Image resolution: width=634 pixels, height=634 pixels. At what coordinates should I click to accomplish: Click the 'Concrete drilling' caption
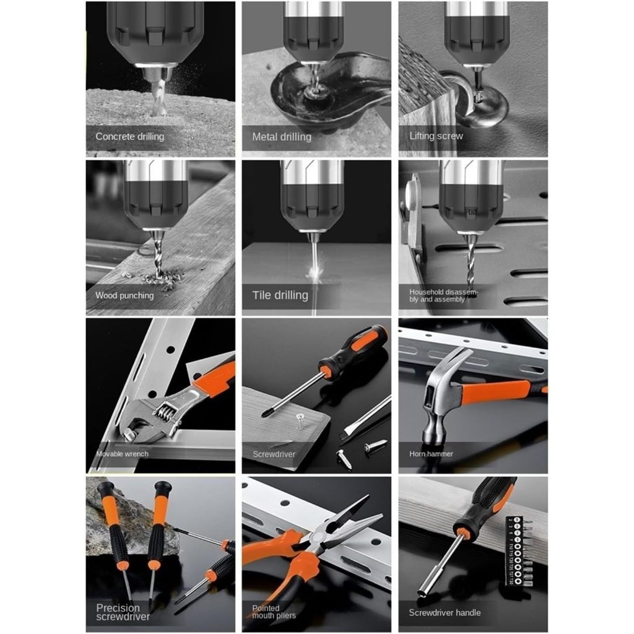(x=129, y=136)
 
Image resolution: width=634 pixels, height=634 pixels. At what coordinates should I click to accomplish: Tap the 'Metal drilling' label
(x=281, y=136)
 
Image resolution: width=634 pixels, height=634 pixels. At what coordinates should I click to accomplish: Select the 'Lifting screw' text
(x=436, y=136)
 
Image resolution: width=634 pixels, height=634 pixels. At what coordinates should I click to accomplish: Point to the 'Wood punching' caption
(x=124, y=295)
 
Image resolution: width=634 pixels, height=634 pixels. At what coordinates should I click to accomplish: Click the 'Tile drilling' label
(x=280, y=295)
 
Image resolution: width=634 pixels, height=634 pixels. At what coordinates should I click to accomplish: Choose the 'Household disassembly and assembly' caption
(x=440, y=295)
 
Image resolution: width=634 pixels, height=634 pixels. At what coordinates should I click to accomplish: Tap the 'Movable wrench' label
(x=122, y=454)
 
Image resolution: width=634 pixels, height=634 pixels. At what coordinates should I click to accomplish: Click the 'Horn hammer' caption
(x=431, y=454)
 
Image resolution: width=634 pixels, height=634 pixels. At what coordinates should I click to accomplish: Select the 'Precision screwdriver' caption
(x=123, y=612)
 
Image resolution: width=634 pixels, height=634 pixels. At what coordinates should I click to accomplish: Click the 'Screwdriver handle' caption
(x=444, y=612)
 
